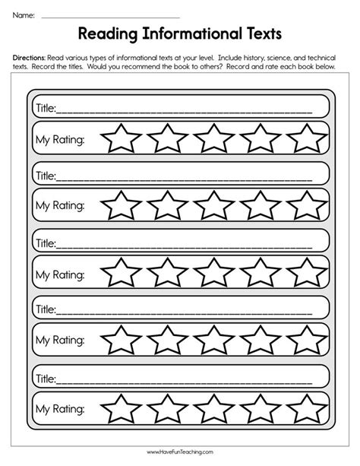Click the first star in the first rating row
click(122, 139)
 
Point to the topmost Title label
click(46, 108)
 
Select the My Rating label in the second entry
click(60, 206)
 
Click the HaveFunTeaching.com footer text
click(180, 453)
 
